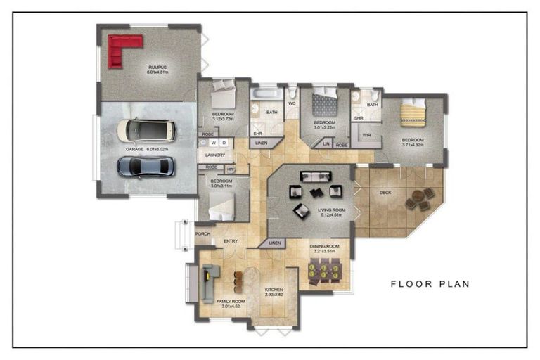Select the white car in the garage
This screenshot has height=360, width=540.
click(146, 131)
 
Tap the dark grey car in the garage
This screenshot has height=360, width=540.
click(144, 166)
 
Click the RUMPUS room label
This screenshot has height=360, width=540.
click(155, 67)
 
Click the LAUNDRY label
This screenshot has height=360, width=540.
click(214, 155)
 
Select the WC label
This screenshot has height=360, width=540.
click(290, 103)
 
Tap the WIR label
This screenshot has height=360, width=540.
click(366, 134)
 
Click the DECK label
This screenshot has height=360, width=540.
click(385, 192)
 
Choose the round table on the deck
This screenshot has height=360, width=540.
click(420, 200)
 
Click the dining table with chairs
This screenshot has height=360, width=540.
click(326, 269)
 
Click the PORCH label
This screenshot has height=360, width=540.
click(203, 234)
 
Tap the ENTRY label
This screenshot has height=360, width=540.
click(230, 241)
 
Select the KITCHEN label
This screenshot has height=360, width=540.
click(274, 289)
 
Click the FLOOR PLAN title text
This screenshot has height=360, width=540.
click(430, 284)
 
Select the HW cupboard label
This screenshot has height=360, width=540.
click(230, 169)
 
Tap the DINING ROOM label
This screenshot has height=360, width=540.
click(324, 246)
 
